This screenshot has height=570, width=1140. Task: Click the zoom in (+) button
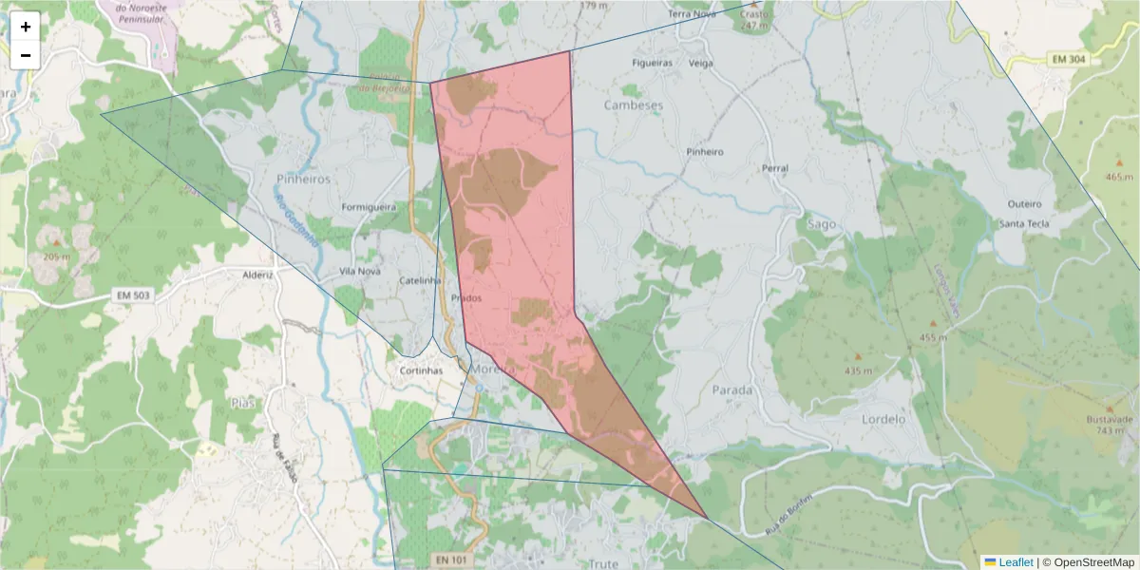[26, 27]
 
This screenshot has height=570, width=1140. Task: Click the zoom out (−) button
[26, 55]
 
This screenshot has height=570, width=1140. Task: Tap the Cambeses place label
[634, 105]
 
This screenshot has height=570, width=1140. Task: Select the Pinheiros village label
[303, 179]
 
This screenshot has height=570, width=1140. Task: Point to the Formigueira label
[369, 206]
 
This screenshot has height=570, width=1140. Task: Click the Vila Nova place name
[360, 272]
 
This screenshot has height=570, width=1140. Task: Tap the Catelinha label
[421, 281]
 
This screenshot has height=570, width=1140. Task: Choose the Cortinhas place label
[421, 370]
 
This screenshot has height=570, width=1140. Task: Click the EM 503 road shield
[134, 295]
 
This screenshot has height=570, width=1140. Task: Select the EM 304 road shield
[1069, 60]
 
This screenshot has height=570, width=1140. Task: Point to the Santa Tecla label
[1023, 223]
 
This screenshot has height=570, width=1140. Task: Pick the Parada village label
[731, 389]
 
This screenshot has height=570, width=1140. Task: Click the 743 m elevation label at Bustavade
[1110, 430]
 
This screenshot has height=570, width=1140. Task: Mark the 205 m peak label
[56, 256]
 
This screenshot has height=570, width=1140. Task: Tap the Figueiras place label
[653, 63]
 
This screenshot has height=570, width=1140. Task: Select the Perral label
[775, 168]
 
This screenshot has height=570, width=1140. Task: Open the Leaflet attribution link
[1015, 562]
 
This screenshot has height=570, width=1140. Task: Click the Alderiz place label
[257, 275]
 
